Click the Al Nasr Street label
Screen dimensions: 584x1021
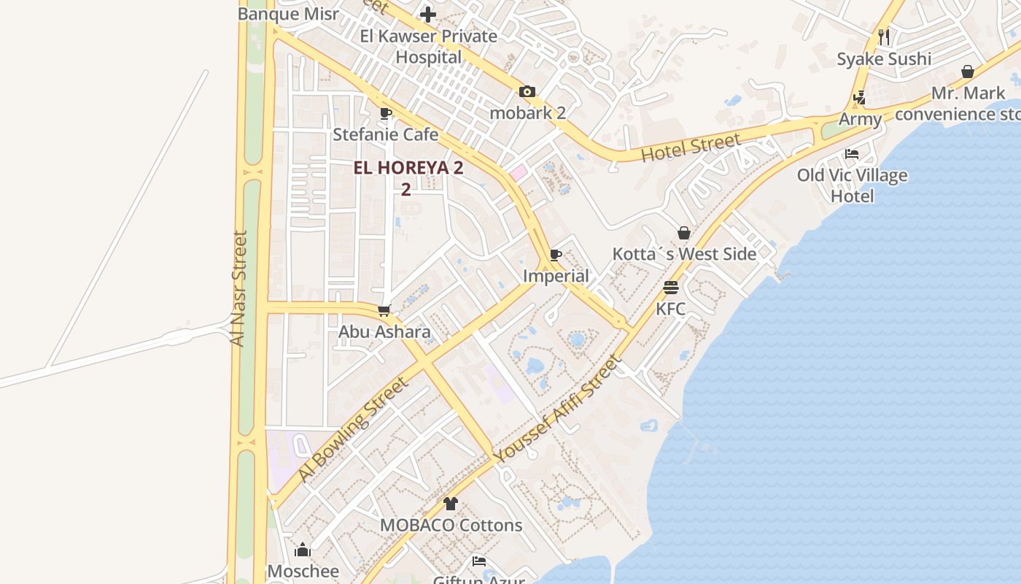pyautogui.click(x=238, y=288)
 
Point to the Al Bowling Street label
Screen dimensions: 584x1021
pyautogui.click(x=352, y=430)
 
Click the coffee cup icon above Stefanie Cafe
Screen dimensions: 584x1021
pyautogui.click(x=386, y=114)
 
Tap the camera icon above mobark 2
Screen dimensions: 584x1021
pyautogui.click(x=527, y=92)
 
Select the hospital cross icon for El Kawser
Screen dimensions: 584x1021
pyautogui.click(x=428, y=14)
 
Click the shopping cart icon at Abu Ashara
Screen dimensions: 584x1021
pyautogui.click(x=384, y=311)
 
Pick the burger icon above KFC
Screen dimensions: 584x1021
pyautogui.click(x=671, y=288)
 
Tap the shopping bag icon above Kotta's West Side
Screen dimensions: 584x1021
pyautogui.click(x=684, y=233)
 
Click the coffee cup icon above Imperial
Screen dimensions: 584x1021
pyautogui.click(x=556, y=255)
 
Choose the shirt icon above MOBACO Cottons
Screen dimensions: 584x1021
pyautogui.click(x=451, y=504)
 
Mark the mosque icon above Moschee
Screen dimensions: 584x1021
pyautogui.click(x=303, y=550)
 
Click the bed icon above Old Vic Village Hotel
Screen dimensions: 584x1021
pyautogui.click(x=852, y=154)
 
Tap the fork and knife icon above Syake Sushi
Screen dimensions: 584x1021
pyautogui.click(x=884, y=36)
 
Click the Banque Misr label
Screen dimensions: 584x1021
pyautogui.click(x=288, y=14)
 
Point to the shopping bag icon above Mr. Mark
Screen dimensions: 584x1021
pyautogui.click(x=968, y=72)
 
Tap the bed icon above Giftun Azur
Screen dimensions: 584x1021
pyautogui.click(x=479, y=561)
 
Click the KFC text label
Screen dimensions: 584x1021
pyautogui.click(x=671, y=309)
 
